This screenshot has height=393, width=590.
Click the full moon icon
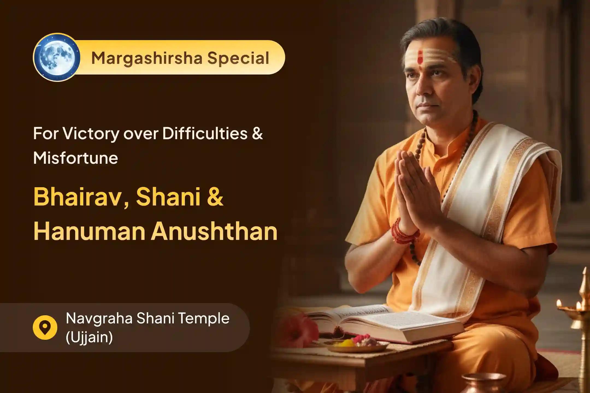(x=57, y=58)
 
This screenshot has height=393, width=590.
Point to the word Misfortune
(x=76, y=158)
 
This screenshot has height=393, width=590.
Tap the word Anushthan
(x=214, y=232)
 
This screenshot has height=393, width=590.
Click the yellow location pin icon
(x=45, y=327)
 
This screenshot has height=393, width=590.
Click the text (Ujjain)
(x=89, y=337)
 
